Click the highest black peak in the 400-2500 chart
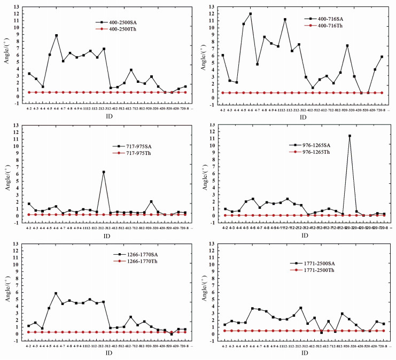(57, 36)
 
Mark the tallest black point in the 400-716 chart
(251, 14)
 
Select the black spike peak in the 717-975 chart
(104, 172)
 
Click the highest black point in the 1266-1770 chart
(56, 293)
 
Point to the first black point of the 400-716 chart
(223, 55)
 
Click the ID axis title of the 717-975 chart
(107, 236)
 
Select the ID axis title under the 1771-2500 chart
(302, 353)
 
